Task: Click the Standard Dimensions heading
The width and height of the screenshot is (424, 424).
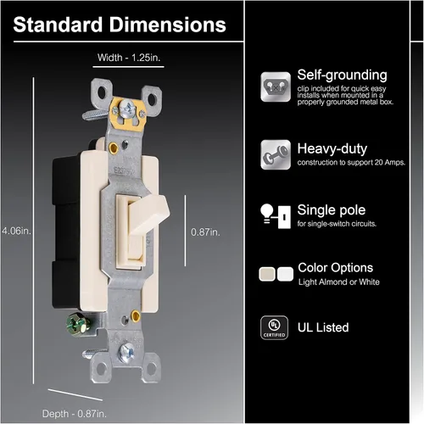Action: tap(120, 25)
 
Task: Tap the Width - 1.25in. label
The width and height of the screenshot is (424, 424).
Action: tap(129, 58)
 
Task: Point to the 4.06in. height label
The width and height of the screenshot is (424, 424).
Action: tap(16, 231)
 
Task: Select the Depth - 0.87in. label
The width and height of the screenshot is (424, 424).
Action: tap(75, 414)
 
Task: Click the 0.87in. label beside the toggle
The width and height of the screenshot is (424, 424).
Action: tap(205, 232)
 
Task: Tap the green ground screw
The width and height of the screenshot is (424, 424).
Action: tap(78, 324)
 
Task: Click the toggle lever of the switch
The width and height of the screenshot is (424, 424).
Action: tap(148, 215)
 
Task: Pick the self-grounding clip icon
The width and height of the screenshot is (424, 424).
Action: tap(276, 86)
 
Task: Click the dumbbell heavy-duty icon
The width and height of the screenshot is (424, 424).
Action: tap(276, 154)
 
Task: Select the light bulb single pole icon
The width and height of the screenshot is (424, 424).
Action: tap(276, 216)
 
